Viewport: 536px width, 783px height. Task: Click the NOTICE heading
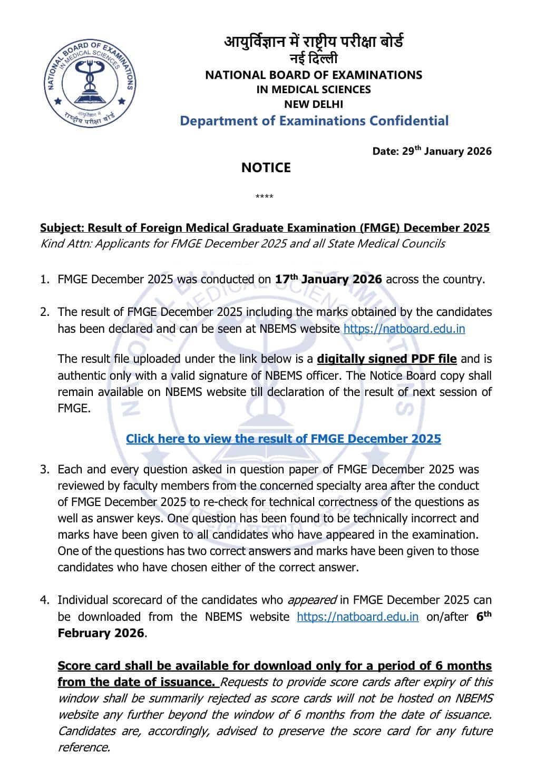(x=266, y=167)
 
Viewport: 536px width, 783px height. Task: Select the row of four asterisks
(x=264, y=197)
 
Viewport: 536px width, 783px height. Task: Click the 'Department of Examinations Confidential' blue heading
(x=314, y=121)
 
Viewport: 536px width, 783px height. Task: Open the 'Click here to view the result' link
(x=283, y=439)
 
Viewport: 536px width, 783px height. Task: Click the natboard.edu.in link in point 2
(x=404, y=329)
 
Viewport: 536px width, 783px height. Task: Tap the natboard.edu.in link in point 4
(x=358, y=617)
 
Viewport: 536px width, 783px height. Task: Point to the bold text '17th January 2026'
(x=328, y=279)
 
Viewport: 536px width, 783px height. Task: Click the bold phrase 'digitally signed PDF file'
(x=386, y=359)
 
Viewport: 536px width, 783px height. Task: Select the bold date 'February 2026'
(x=100, y=633)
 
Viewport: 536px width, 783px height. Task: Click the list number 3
(x=44, y=469)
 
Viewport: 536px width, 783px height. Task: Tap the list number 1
(x=44, y=280)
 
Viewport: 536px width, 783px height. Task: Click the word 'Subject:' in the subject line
(x=62, y=227)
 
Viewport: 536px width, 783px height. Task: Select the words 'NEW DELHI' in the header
(x=314, y=104)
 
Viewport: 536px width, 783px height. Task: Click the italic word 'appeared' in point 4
(x=311, y=600)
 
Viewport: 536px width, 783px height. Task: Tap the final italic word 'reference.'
(x=84, y=747)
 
